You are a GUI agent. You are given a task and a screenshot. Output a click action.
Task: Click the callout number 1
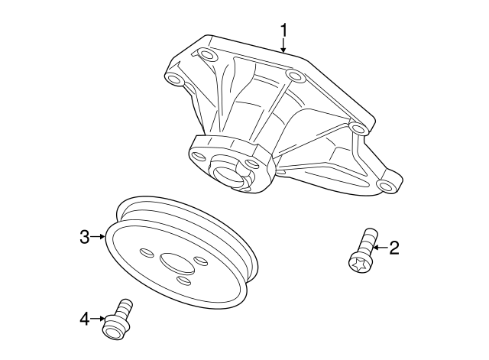click(283, 30)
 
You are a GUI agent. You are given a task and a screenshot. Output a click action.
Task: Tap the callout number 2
click(395, 247)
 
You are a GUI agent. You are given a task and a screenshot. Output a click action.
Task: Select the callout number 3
click(85, 237)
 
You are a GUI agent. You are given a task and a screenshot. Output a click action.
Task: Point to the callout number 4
click(85, 317)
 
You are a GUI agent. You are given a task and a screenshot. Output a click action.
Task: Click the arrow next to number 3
click(99, 237)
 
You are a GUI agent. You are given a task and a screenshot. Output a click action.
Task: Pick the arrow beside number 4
click(99, 317)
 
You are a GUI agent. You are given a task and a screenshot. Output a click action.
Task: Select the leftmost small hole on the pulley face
click(145, 252)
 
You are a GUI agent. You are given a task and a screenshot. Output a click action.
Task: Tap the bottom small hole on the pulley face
click(183, 281)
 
